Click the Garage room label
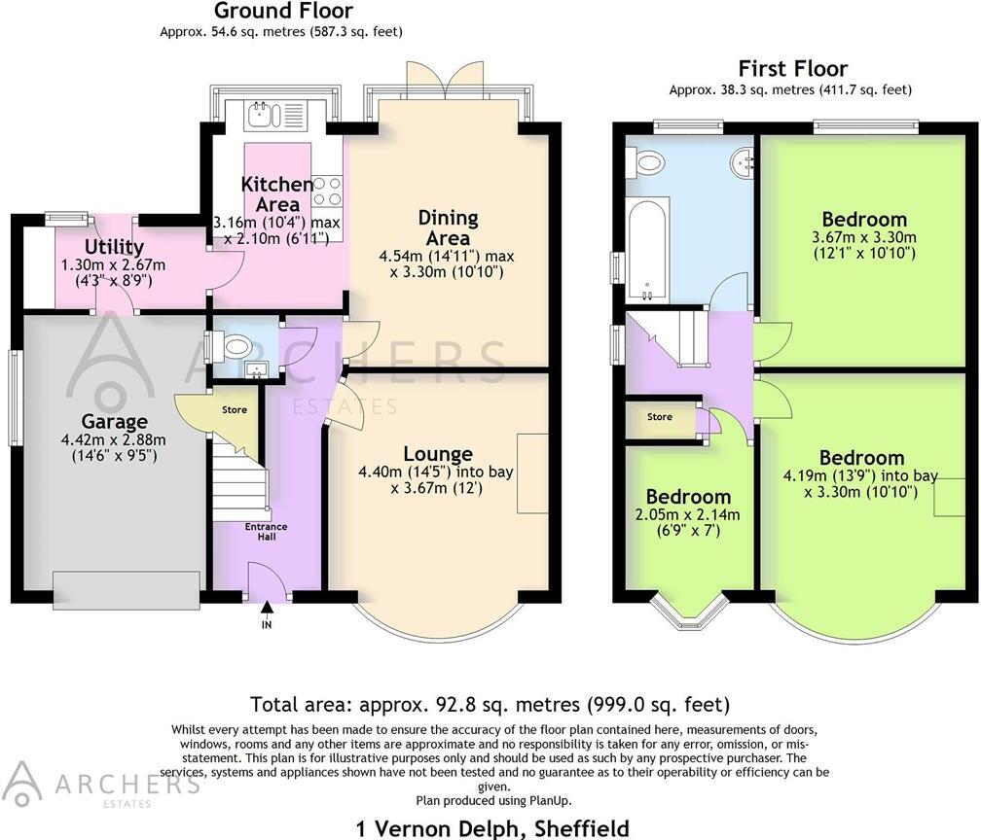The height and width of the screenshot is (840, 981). tap(115, 422)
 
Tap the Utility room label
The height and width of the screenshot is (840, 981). tap(114, 247)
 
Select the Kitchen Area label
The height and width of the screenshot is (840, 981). tap(277, 193)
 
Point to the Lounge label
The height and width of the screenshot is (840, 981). tap(438, 453)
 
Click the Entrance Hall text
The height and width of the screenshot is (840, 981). tap(266, 532)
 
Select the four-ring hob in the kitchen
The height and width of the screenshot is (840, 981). tap(327, 191)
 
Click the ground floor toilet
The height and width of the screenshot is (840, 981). tap(235, 346)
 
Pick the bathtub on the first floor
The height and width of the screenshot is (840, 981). tap(645, 249)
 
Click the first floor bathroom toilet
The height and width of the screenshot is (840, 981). tap(643, 162)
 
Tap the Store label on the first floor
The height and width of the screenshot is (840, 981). tap(660, 417)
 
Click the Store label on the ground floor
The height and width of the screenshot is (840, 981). tap(235, 410)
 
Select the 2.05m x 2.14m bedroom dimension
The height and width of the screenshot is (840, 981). tap(688, 515)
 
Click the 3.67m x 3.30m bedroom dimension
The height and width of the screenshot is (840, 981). tap(863, 237)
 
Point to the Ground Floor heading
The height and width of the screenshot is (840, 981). tap(282, 12)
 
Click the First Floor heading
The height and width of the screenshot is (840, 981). tap(792, 69)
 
